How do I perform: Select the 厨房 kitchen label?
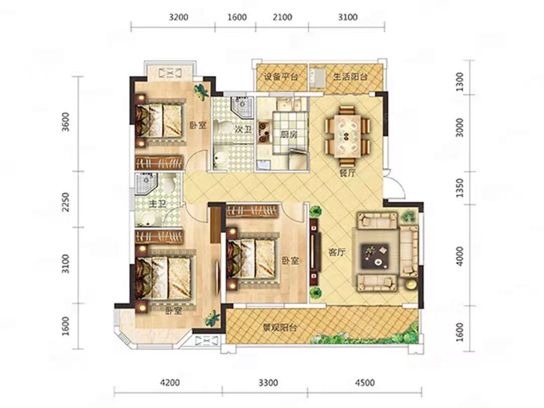pos(289,134)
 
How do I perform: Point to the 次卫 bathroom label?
pos(243,130)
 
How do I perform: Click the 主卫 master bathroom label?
pos(158,204)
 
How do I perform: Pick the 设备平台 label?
pos(281,77)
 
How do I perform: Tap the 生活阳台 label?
pos(351,77)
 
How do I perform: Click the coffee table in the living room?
pos(375,255)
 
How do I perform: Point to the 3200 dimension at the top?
pos(179,17)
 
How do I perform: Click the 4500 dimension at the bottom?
pos(365,383)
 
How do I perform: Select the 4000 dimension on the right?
pos(460,256)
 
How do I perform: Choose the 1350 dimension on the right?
pos(460,188)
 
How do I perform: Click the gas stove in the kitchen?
pos(263,132)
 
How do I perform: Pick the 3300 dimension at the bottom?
pos(268,383)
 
